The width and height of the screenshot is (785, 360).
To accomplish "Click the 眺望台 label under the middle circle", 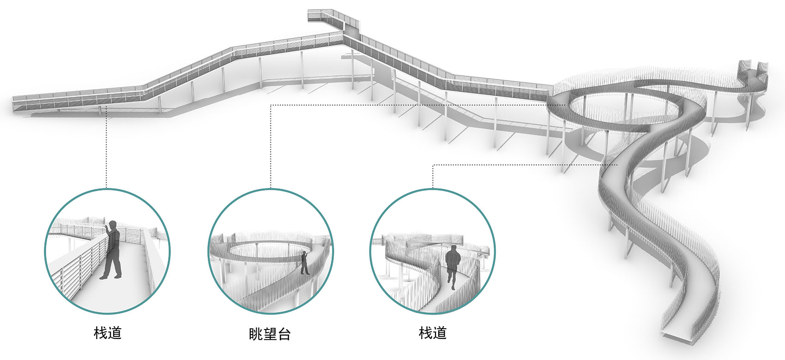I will click(270, 334).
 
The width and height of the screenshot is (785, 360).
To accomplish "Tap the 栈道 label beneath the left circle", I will click(108, 332).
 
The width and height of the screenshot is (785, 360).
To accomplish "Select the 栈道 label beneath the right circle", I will click(433, 332).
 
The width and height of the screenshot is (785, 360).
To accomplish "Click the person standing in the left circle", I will click(112, 252).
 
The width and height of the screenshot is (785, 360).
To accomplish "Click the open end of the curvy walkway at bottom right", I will click(679, 336).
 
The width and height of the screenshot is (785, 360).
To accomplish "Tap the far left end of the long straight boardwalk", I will click(18, 102).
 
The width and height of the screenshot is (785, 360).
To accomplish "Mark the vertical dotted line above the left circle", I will click(107, 148).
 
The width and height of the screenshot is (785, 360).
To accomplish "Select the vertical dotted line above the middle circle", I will click(270, 148).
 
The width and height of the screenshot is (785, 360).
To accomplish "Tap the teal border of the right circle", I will click(495, 252).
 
